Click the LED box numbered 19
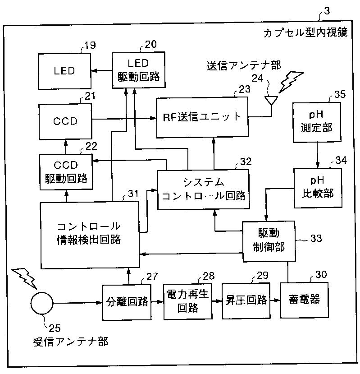64,71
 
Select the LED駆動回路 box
138,69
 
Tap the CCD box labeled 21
65,121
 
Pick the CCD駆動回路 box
66,171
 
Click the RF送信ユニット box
202,117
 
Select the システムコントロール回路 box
203,189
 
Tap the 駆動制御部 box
269,241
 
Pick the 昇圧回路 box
246,300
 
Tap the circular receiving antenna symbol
42,301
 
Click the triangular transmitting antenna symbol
271,101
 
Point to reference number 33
316,238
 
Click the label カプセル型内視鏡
305,33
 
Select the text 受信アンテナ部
71,341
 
